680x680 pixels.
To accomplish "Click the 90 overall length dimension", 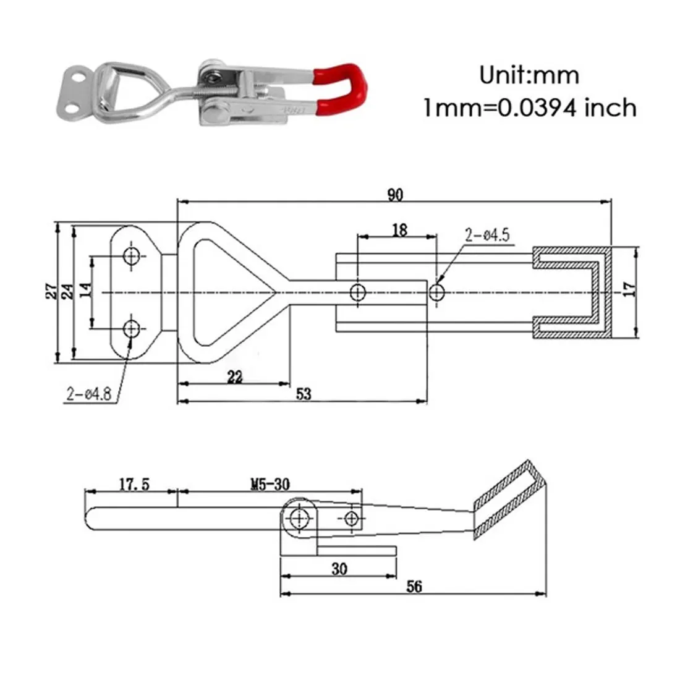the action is [x=395, y=195].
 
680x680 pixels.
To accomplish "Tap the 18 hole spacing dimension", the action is [x=399, y=230].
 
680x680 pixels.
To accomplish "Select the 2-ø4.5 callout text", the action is [x=487, y=235].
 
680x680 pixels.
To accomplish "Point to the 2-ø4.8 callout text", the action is [x=88, y=394].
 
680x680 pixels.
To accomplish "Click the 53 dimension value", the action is [x=304, y=394].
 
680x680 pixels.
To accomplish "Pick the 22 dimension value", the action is [x=235, y=377].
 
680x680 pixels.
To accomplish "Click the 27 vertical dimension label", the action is [x=51, y=291].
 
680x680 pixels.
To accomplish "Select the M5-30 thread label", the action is [x=270, y=484].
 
